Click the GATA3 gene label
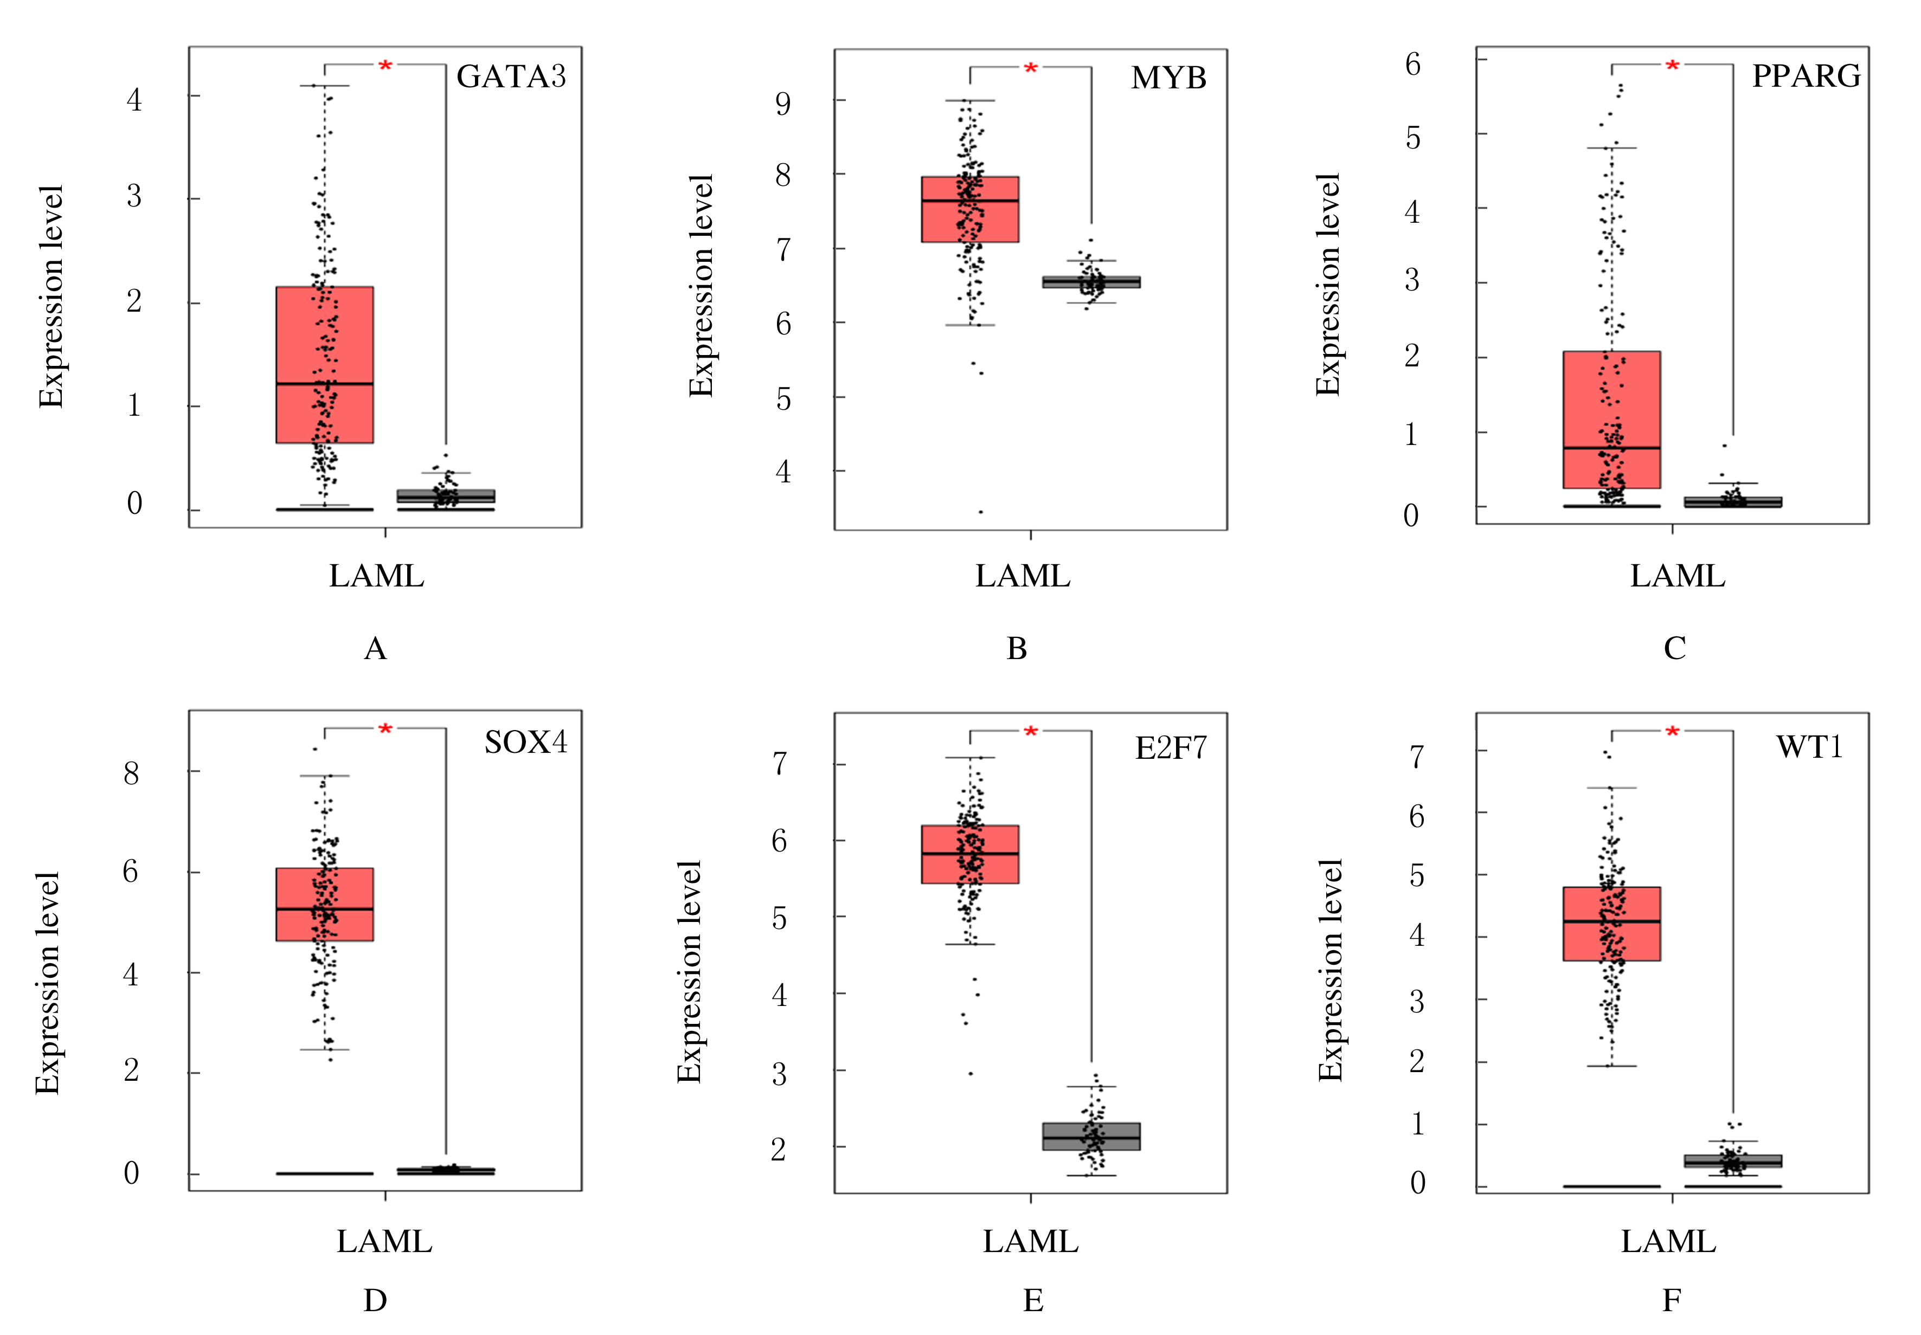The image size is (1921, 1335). click(x=511, y=77)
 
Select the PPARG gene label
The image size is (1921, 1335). click(x=1806, y=76)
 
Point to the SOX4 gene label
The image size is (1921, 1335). click(x=525, y=742)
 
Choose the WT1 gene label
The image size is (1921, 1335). click(x=1809, y=746)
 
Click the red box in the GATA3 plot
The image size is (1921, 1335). click(x=325, y=365)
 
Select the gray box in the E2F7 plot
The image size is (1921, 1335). click(x=1091, y=1136)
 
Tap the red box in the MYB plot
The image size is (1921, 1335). click(x=969, y=209)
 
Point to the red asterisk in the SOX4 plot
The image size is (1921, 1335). click(x=385, y=730)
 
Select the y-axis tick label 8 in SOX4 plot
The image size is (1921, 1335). click(x=131, y=773)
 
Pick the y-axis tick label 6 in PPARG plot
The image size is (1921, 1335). click(x=1413, y=63)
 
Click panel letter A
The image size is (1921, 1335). click(x=375, y=648)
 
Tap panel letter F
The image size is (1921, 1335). click(x=1671, y=1300)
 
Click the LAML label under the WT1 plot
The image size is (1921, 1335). click(x=1668, y=1241)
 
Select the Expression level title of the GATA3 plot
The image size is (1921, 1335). click(x=52, y=297)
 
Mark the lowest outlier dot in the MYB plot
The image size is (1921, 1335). click(x=981, y=511)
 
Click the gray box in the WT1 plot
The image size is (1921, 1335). click(x=1733, y=1161)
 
